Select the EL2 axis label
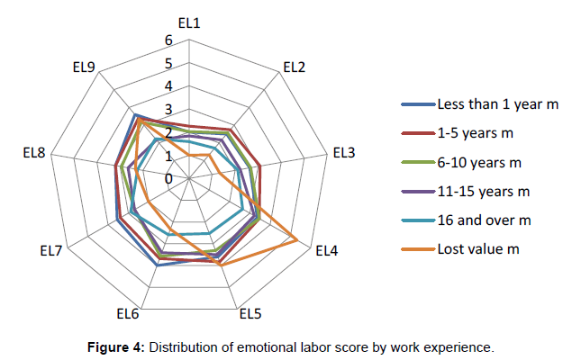click(x=294, y=67)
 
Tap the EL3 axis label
click(x=343, y=153)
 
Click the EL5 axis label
click(x=250, y=314)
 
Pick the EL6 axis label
click(x=127, y=314)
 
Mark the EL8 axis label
click(x=33, y=153)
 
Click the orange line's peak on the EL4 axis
click(x=298, y=239)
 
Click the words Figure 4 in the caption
click(x=113, y=346)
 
